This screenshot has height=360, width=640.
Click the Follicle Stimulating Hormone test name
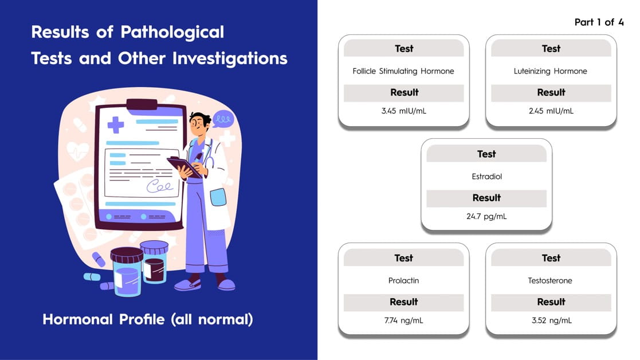point(403,71)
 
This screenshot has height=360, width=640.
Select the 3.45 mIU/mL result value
point(404,111)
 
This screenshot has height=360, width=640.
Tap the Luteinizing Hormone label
point(550,71)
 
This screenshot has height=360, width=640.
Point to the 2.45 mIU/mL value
point(551,111)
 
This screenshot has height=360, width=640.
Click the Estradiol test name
point(486,177)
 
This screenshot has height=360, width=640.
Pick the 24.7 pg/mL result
point(486,216)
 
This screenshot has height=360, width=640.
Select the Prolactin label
point(403,280)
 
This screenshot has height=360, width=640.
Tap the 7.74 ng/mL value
point(403,320)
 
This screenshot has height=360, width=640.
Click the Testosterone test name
point(550,280)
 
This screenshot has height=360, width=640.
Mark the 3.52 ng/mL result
point(551,320)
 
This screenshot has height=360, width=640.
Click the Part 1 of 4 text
point(599,22)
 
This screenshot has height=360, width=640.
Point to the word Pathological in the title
point(172,33)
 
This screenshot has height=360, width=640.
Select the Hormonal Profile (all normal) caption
point(148,319)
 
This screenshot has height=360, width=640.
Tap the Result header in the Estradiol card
point(486,198)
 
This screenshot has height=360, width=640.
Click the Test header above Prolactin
point(403,258)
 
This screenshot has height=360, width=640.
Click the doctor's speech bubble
point(223,119)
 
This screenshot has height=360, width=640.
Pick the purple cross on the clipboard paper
point(116,125)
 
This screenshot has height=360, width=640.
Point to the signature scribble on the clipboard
point(160,186)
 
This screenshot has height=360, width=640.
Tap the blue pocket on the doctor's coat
point(218,197)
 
